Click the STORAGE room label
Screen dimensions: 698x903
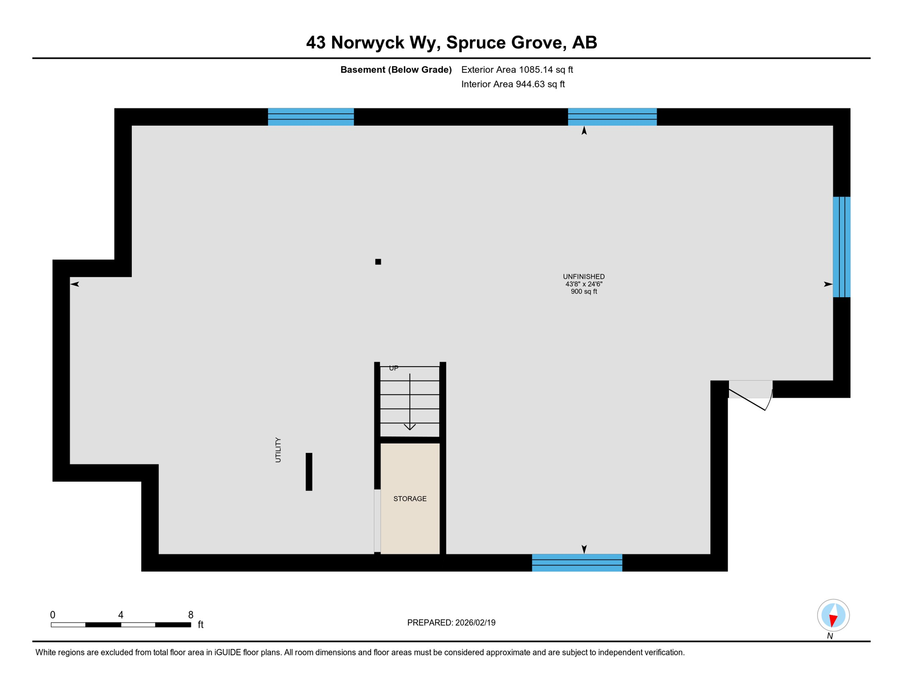[x=410, y=499]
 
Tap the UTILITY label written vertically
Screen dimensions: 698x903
[x=278, y=450]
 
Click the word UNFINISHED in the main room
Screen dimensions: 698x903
[x=584, y=276]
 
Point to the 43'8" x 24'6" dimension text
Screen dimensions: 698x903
[x=584, y=284]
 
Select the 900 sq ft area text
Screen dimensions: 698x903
[x=584, y=292]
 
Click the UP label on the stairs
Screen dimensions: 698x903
[x=393, y=368]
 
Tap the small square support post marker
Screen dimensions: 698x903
[x=378, y=262]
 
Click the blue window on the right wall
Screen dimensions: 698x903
[x=841, y=247]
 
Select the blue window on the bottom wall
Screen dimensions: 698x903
[x=577, y=563]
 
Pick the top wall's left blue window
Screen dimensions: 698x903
[x=311, y=117]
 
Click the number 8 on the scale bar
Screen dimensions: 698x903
[x=191, y=615]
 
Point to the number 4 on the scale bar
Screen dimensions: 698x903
[x=121, y=615]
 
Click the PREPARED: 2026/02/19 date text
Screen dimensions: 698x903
[x=451, y=623]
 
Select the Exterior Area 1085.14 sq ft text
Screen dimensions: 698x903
[x=517, y=70]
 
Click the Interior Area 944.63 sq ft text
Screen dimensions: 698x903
[x=513, y=84]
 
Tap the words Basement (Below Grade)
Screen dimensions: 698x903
[x=396, y=70]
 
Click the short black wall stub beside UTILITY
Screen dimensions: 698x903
[x=309, y=472]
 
